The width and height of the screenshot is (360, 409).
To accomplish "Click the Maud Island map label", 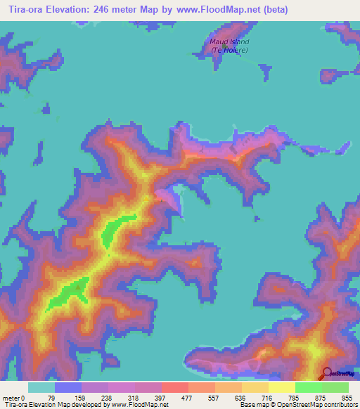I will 230,42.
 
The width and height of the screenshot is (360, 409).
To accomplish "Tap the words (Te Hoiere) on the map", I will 230,51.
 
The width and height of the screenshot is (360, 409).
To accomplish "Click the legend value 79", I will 50,397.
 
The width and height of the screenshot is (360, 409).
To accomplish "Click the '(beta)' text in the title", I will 273,9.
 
